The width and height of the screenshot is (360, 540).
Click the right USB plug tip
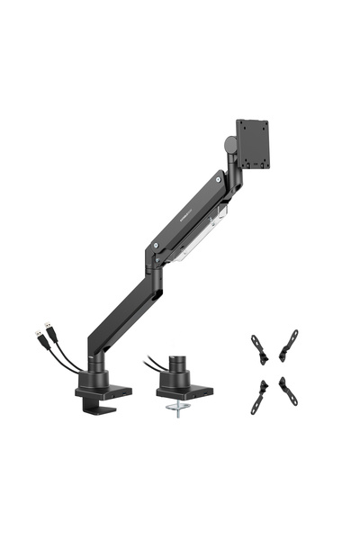click(54, 328)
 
